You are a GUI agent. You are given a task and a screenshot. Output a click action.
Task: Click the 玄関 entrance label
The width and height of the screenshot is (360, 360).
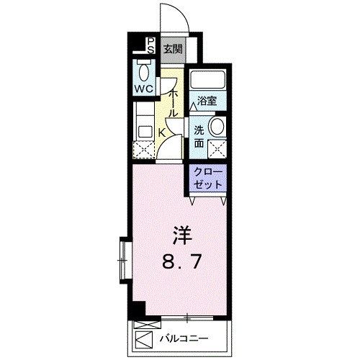[171, 50]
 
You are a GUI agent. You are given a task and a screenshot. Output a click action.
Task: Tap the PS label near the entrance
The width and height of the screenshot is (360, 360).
[150, 46]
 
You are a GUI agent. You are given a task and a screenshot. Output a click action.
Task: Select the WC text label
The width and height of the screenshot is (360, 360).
[144, 90]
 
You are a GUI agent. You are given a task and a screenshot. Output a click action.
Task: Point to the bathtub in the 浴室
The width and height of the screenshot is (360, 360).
[208, 80]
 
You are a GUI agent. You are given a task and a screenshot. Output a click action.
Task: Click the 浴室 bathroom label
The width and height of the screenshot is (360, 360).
[208, 102]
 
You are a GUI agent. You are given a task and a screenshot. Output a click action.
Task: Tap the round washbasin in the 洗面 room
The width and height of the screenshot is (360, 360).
[216, 127]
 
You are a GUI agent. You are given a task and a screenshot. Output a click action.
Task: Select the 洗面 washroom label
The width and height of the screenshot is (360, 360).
[199, 137]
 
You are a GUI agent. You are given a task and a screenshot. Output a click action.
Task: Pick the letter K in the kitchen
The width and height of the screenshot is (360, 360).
[162, 132]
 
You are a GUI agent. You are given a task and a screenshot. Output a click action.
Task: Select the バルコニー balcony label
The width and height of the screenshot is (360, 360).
[184, 338]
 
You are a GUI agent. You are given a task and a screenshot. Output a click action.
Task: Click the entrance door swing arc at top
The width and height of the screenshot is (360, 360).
[173, 18]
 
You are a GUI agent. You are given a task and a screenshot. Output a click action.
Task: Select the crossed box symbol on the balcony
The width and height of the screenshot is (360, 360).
[144, 338]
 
